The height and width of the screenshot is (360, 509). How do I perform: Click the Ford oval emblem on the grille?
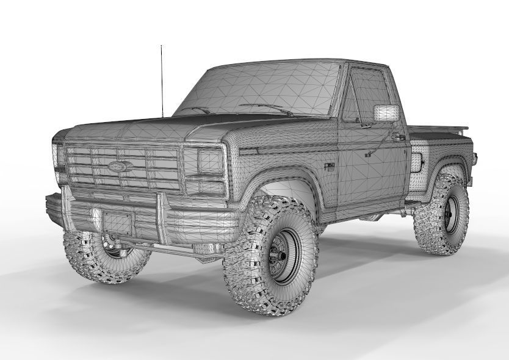[117, 165]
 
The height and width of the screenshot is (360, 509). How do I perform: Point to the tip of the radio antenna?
[161, 46]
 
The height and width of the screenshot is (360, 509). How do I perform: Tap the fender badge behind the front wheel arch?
[330, 165]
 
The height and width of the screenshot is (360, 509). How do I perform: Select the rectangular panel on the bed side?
[419, 161]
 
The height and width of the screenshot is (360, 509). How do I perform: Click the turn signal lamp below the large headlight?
[204, 186]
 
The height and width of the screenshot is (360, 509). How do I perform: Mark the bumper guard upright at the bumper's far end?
[65, 207]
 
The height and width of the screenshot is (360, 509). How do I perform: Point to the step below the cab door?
[372, 216]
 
